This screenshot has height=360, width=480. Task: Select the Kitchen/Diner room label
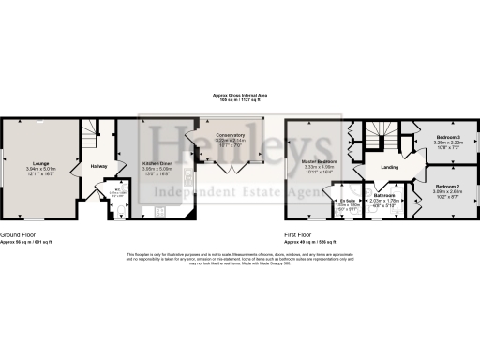point(155,162)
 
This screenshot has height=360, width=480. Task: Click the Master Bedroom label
point(319,161)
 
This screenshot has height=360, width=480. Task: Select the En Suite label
point(347,198)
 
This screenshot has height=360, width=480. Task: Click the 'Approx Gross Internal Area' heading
point(239,96)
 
